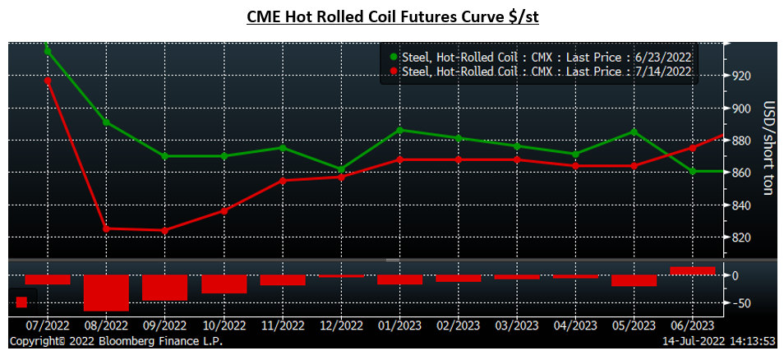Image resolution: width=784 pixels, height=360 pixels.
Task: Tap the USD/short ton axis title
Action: coord(768,148)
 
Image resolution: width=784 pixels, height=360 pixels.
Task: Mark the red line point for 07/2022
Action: coord(48,81)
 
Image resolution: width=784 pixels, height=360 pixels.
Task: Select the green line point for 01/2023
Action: coord(399,130)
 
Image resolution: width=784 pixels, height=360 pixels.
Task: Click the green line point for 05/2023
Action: coord(634,132)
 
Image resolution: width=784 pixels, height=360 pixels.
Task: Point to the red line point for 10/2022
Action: coord(224,211)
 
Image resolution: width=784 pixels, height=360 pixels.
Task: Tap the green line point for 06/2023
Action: coord(693,171)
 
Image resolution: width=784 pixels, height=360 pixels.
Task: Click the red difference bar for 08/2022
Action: coord(106,293)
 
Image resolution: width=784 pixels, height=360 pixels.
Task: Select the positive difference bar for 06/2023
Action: coord(693,270)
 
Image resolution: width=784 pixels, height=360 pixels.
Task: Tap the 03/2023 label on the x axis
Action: coord(517,326)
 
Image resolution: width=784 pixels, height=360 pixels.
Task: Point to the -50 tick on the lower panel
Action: coord(740,303)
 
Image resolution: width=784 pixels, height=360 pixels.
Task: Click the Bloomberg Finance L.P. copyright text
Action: coord(115,341)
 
